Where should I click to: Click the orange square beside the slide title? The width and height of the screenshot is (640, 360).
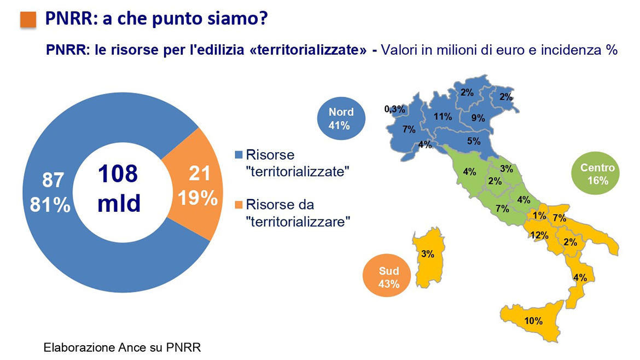coord(28,20)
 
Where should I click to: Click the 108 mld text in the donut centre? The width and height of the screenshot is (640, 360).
coord(119,189)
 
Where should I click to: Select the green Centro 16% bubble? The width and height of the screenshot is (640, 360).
coord(597,174)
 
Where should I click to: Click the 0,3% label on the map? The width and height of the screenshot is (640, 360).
coord(394,109)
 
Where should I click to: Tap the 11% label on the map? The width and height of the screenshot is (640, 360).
coord(443,117)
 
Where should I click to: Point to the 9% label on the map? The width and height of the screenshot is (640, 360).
coord(478,118)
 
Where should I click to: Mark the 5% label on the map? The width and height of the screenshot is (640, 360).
coord(474,141)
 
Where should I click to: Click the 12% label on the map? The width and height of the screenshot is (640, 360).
coord(539,235)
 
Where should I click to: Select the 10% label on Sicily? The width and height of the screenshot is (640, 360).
coord(533,321)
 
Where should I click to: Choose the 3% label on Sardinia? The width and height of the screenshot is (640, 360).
coord(428,254)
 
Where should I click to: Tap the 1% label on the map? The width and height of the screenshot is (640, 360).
coord(540,216)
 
